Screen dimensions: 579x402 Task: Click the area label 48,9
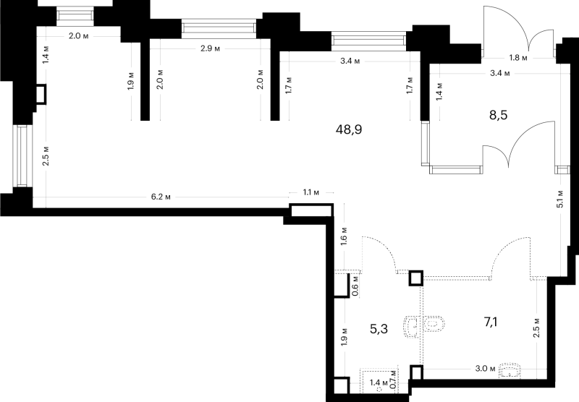(349, 129)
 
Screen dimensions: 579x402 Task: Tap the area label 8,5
(499, 115)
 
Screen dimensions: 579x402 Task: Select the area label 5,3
(379, 328)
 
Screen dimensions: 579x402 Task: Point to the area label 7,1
(491, 322)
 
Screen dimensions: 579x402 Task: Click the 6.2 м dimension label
(161, 197)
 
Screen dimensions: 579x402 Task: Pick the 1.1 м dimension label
(311, 192)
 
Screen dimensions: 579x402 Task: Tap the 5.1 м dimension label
(559, 199)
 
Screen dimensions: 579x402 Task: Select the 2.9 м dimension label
(210, 48)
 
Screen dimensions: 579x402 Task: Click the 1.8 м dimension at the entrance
(518, 58)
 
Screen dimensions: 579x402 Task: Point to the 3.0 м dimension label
(485, 368)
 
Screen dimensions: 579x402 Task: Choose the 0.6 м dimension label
(355, 286)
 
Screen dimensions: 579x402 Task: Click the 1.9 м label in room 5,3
(345, 337)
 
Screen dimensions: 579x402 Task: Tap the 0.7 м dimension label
(394, 379)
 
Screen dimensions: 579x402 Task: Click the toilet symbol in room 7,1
(434, 324)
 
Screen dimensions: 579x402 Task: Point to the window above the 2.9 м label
(219, 28)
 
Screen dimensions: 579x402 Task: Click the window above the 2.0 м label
(75, 14)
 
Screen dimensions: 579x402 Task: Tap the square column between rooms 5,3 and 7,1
(415, 278)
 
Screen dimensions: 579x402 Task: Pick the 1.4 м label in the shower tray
(379, 382)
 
